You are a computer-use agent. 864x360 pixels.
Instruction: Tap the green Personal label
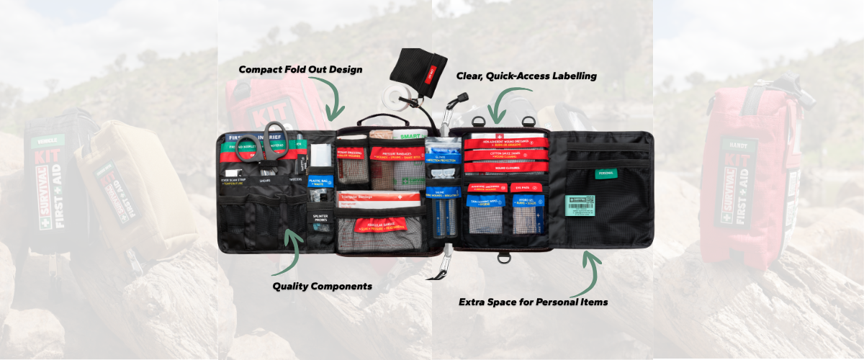point(606,173)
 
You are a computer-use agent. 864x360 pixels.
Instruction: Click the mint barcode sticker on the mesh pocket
point(580,204)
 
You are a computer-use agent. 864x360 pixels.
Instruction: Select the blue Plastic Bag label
point(320,181)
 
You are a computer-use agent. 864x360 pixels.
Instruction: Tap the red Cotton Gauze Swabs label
point(498,154)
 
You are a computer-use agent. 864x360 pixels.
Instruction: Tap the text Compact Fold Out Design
point(300,70)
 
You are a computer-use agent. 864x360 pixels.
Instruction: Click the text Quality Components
point(322,286)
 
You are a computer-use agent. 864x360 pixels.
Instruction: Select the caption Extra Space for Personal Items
point(533,302)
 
